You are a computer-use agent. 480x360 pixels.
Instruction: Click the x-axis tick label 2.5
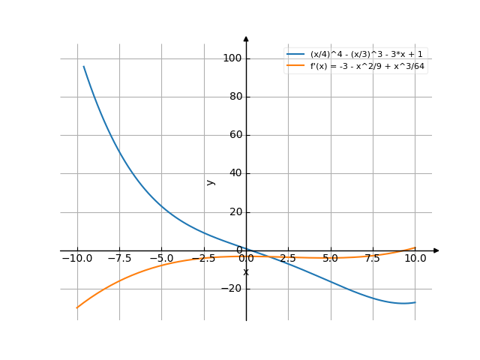click(x=289, y=258)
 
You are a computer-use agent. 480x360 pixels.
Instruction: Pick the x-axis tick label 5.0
click(x=331, y=258)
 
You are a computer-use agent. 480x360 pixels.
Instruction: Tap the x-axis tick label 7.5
click(x=373, y=258)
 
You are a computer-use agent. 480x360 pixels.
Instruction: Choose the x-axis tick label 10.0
click(x=415, y=258)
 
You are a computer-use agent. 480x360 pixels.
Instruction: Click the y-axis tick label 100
click(x=232, y=58)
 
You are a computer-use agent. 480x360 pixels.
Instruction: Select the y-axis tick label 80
click(x=234, y=97)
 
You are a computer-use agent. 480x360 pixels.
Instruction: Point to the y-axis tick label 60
click(x=234, y=135)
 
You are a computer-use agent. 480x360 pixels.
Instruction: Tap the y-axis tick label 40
click(x=234, y=173)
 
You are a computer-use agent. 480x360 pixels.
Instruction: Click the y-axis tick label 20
click(x=234, y=212)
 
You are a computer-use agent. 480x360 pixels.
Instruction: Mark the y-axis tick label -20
click(x=232, y=289)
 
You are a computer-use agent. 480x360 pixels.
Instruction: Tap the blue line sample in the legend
click(x=295, y=55)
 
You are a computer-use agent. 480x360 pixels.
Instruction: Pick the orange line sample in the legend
click(x=295, y=66)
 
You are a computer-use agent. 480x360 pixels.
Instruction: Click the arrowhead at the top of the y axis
click(x=246, y=39)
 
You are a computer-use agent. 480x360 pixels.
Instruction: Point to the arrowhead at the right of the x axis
click(x=436, y=250)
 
